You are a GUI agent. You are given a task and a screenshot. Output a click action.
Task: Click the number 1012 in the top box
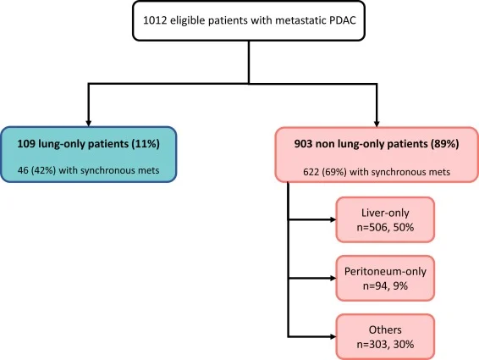pos(156,21)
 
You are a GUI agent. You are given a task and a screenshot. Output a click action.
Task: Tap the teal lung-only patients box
pos(91,154)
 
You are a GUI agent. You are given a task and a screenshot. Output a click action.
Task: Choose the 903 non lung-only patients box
pos(377,154)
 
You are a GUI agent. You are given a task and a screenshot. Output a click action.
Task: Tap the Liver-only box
pos(384,220)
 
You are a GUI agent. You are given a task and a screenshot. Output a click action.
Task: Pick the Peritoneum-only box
pos(384,277)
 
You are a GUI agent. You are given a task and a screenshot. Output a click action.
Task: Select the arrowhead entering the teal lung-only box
pos(88,121)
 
